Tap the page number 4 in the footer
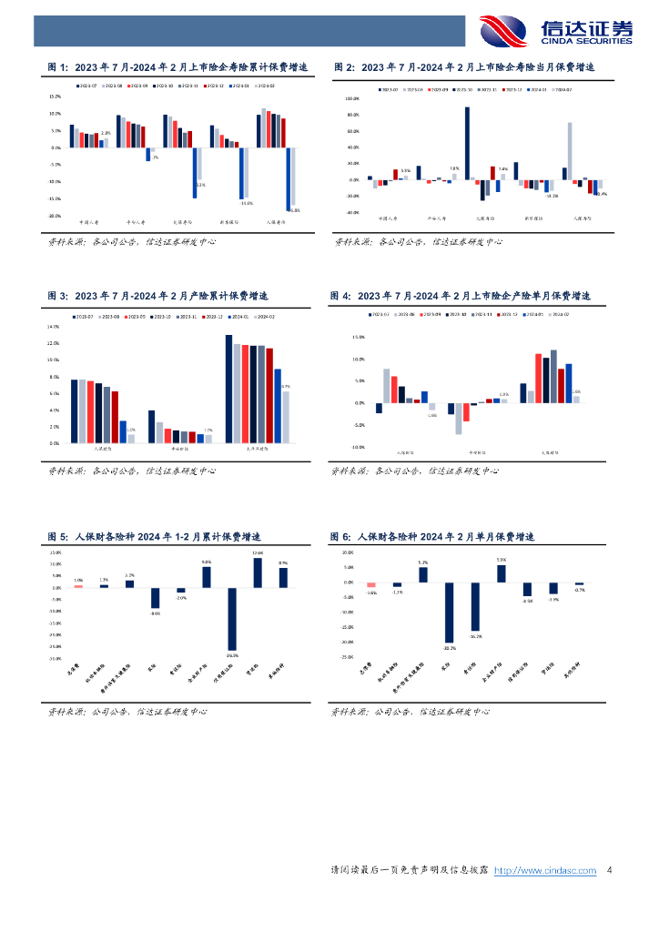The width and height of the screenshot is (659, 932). click(x=609, y=871)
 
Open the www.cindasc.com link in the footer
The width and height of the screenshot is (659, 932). click(x=544, y=871)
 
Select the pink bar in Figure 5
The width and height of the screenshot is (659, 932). click(x=78, y=586)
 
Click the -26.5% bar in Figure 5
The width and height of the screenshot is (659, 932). click(x=232, y=619)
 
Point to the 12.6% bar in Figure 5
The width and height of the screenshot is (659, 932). click(x=258, y=572)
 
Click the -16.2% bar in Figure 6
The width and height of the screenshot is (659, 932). click(x=475, y=606)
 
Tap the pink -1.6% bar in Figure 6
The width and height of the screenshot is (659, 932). click(x=371, y=585)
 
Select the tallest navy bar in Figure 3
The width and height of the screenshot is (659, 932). click(x=229, y=389)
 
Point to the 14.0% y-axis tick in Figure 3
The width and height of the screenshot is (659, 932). click(x=53, y=326)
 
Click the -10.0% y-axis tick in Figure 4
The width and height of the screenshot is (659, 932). click(x=358, y=447)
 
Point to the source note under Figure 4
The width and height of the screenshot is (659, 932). click(x=414, y=471)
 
